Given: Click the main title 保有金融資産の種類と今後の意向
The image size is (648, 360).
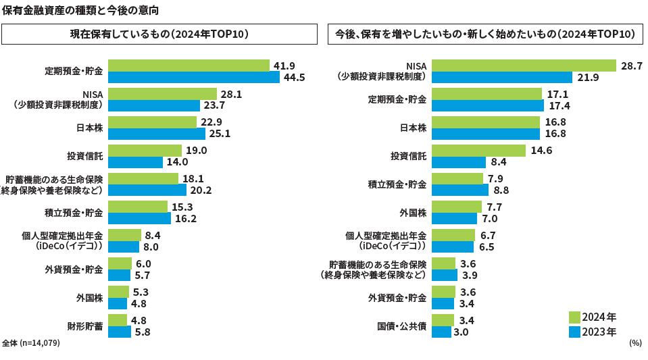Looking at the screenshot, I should tap(81, 9).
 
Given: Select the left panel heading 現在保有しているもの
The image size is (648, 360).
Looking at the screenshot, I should tap(160, 34).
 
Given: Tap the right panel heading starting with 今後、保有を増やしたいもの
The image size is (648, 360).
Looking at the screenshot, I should tap(484, 34).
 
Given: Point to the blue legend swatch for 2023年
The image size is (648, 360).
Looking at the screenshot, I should tap(574, 332).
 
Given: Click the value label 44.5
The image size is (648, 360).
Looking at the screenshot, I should tap(295, 78).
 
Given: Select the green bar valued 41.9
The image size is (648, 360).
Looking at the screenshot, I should tap(189, 66).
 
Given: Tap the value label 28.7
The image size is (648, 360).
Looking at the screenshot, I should tap(631, 66).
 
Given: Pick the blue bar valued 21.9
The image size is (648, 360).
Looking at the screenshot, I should tap(502, 78).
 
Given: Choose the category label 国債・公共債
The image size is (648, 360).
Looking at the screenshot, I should tap(401, 326).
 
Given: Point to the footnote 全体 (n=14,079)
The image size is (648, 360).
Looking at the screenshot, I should tap(31, 343).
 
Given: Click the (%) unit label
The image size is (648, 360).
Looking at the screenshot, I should tap(634, 343).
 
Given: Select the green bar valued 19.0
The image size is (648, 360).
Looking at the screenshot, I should tap(145, 151).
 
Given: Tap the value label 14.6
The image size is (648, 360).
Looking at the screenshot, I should tap(541, 151).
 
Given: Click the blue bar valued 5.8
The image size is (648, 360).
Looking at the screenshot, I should tap(120, 332).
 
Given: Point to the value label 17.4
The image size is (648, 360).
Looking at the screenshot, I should tap(559, 106).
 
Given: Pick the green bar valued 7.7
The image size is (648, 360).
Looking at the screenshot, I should tap(456, 207).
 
